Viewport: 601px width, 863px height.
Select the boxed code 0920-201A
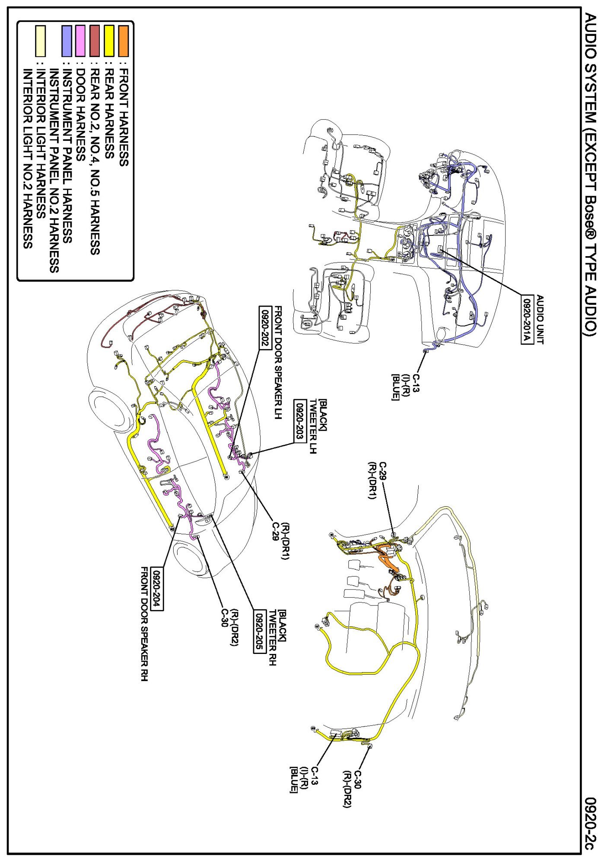527,319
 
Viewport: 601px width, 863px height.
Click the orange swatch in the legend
124,41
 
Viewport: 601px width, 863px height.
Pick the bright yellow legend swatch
109,41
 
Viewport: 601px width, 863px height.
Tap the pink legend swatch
80,41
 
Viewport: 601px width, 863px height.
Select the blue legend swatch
67,41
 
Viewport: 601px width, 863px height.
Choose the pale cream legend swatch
40,41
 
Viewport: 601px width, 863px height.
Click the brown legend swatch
95,41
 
